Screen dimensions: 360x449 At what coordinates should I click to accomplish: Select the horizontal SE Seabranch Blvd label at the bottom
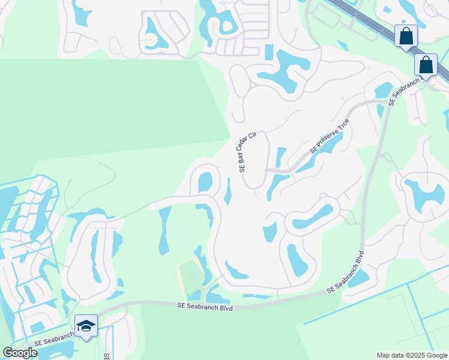[204, 306]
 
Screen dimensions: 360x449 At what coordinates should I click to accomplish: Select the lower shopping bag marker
[426, 64]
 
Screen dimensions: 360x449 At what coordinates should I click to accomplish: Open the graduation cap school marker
[86, 326]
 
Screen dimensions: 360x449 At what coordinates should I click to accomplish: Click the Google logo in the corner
[20, 353]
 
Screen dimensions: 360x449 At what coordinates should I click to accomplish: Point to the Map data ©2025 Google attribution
[411, 355]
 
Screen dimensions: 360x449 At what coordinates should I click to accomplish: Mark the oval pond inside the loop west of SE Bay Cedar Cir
[205, 181]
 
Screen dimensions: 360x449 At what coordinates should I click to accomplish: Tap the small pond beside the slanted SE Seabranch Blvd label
[358, 278]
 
